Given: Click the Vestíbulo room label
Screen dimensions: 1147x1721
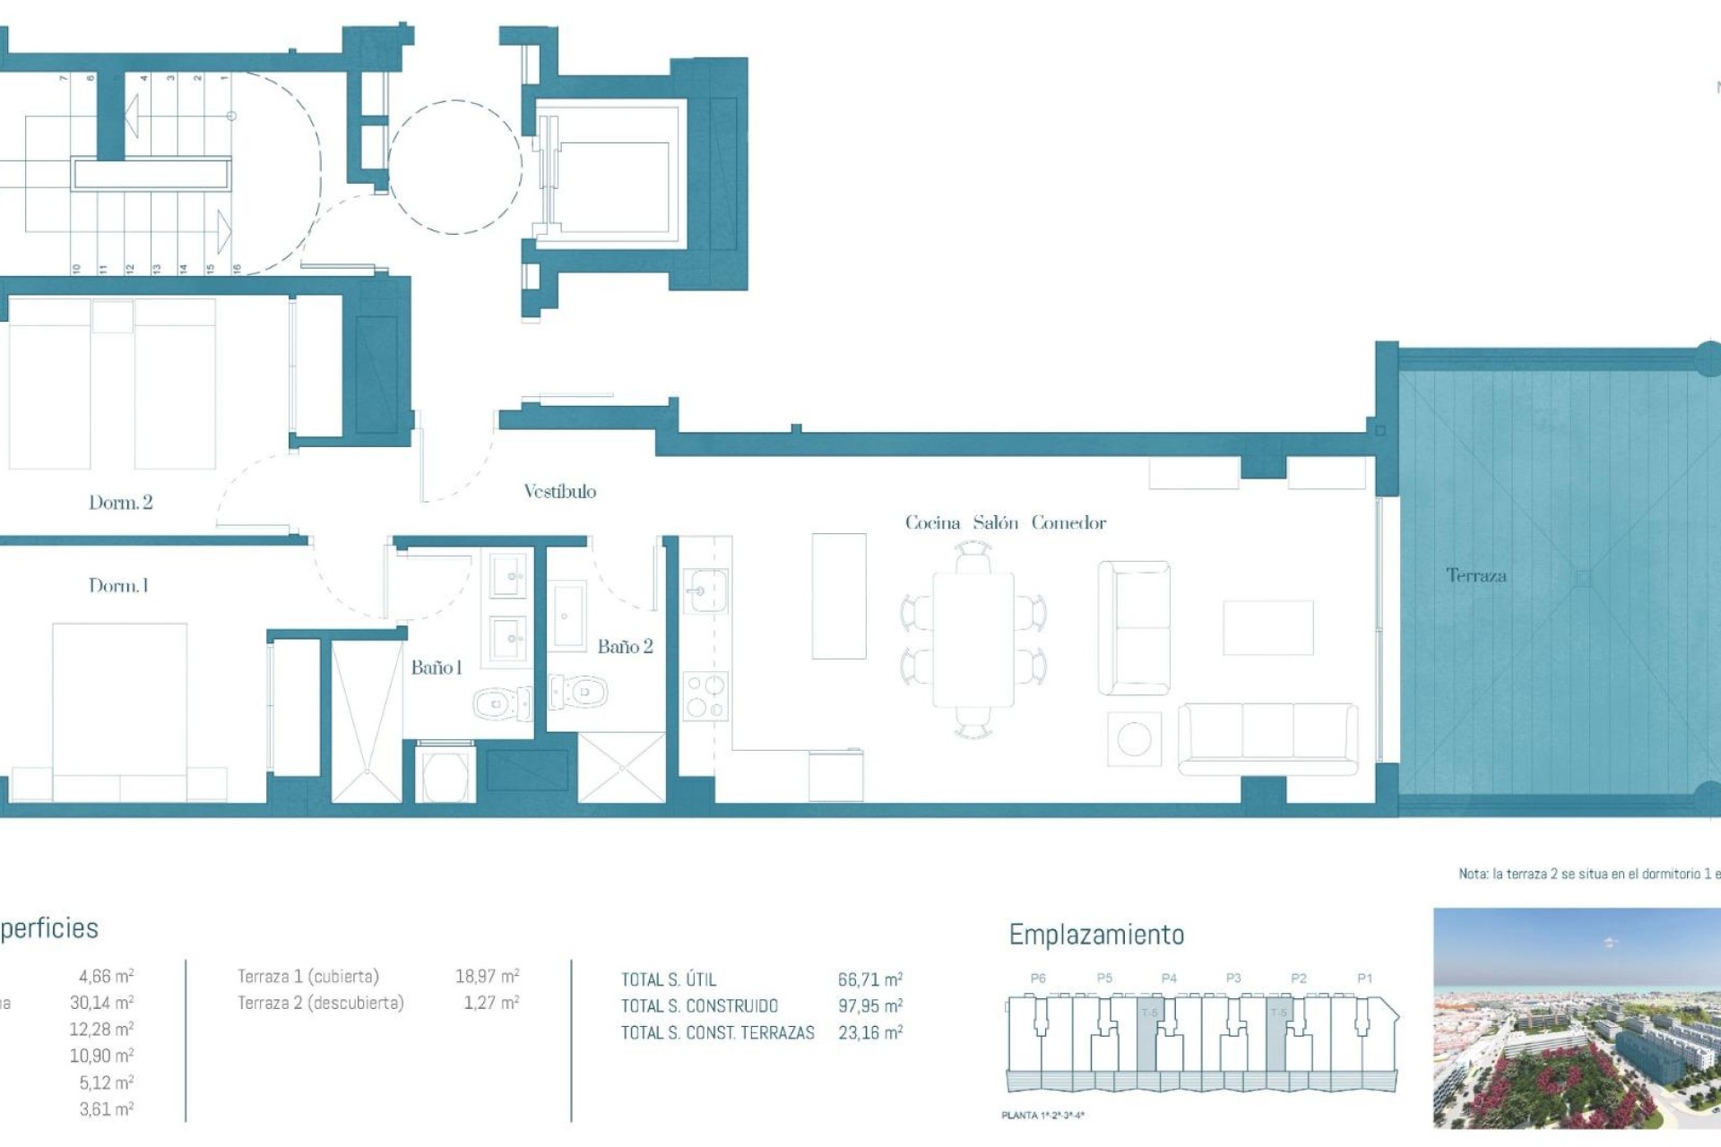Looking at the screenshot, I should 559,491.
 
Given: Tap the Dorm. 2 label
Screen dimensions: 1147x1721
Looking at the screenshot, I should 120,503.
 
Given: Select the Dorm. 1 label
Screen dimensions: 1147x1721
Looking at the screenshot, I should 118,586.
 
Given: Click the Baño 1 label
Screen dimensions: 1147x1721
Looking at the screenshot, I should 436,668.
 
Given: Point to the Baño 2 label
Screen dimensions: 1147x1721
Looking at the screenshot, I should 625,647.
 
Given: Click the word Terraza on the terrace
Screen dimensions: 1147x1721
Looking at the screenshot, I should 1475,576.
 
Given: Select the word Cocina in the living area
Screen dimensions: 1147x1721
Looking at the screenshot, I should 932,523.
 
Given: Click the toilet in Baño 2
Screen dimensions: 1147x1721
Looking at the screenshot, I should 580,692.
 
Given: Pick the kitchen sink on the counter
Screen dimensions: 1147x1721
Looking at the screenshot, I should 706,591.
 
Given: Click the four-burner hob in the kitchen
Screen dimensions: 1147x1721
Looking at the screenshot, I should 705,696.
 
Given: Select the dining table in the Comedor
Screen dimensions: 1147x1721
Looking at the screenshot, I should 973,640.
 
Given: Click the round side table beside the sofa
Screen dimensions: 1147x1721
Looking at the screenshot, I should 1134,739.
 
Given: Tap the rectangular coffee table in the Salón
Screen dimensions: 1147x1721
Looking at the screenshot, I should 1267,628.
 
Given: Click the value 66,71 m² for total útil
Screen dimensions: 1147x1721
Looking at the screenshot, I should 869,979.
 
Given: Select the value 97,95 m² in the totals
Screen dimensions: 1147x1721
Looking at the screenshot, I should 869,1006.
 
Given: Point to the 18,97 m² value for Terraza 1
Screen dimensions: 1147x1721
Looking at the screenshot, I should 487,976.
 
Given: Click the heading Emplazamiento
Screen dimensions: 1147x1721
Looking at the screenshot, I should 1096,935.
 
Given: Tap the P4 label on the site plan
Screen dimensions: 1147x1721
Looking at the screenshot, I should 1169,979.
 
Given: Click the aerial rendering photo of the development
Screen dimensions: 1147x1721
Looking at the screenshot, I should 1576,1018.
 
